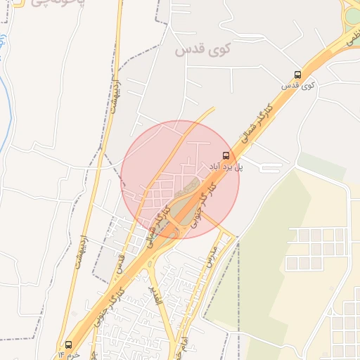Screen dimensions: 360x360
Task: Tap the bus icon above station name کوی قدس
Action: pos(298,75)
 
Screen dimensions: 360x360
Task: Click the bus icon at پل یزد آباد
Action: pos(226,155)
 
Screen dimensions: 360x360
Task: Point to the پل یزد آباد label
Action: pos(226,167)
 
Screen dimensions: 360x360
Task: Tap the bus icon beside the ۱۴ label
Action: pos(68,345)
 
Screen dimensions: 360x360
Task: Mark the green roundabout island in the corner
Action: pos(352,14)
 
